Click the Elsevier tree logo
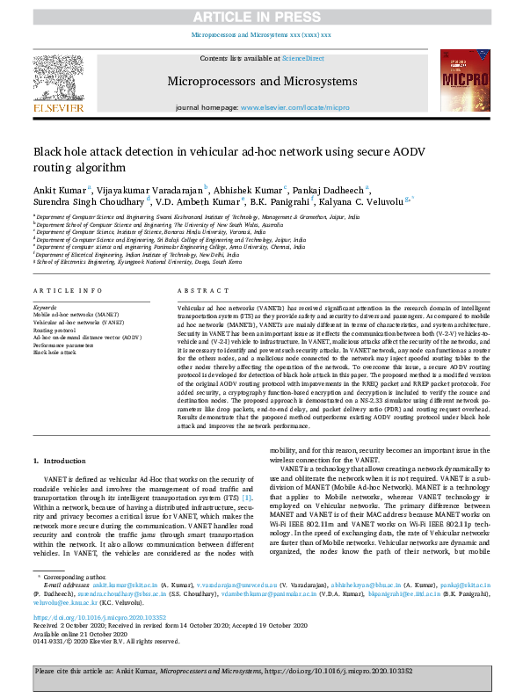(x=59, y=80)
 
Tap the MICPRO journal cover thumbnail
(x=462, y=81)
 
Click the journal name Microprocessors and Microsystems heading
(x=261, y=81)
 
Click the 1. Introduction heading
(x=60, y=461)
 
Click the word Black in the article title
(x=50, y=151)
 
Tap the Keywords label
(x=45, y=307)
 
